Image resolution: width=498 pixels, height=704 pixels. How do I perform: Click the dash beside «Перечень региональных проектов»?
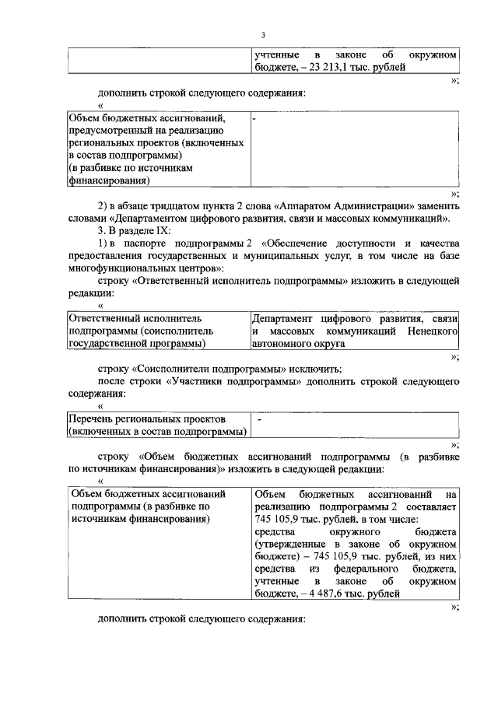(258, 419)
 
